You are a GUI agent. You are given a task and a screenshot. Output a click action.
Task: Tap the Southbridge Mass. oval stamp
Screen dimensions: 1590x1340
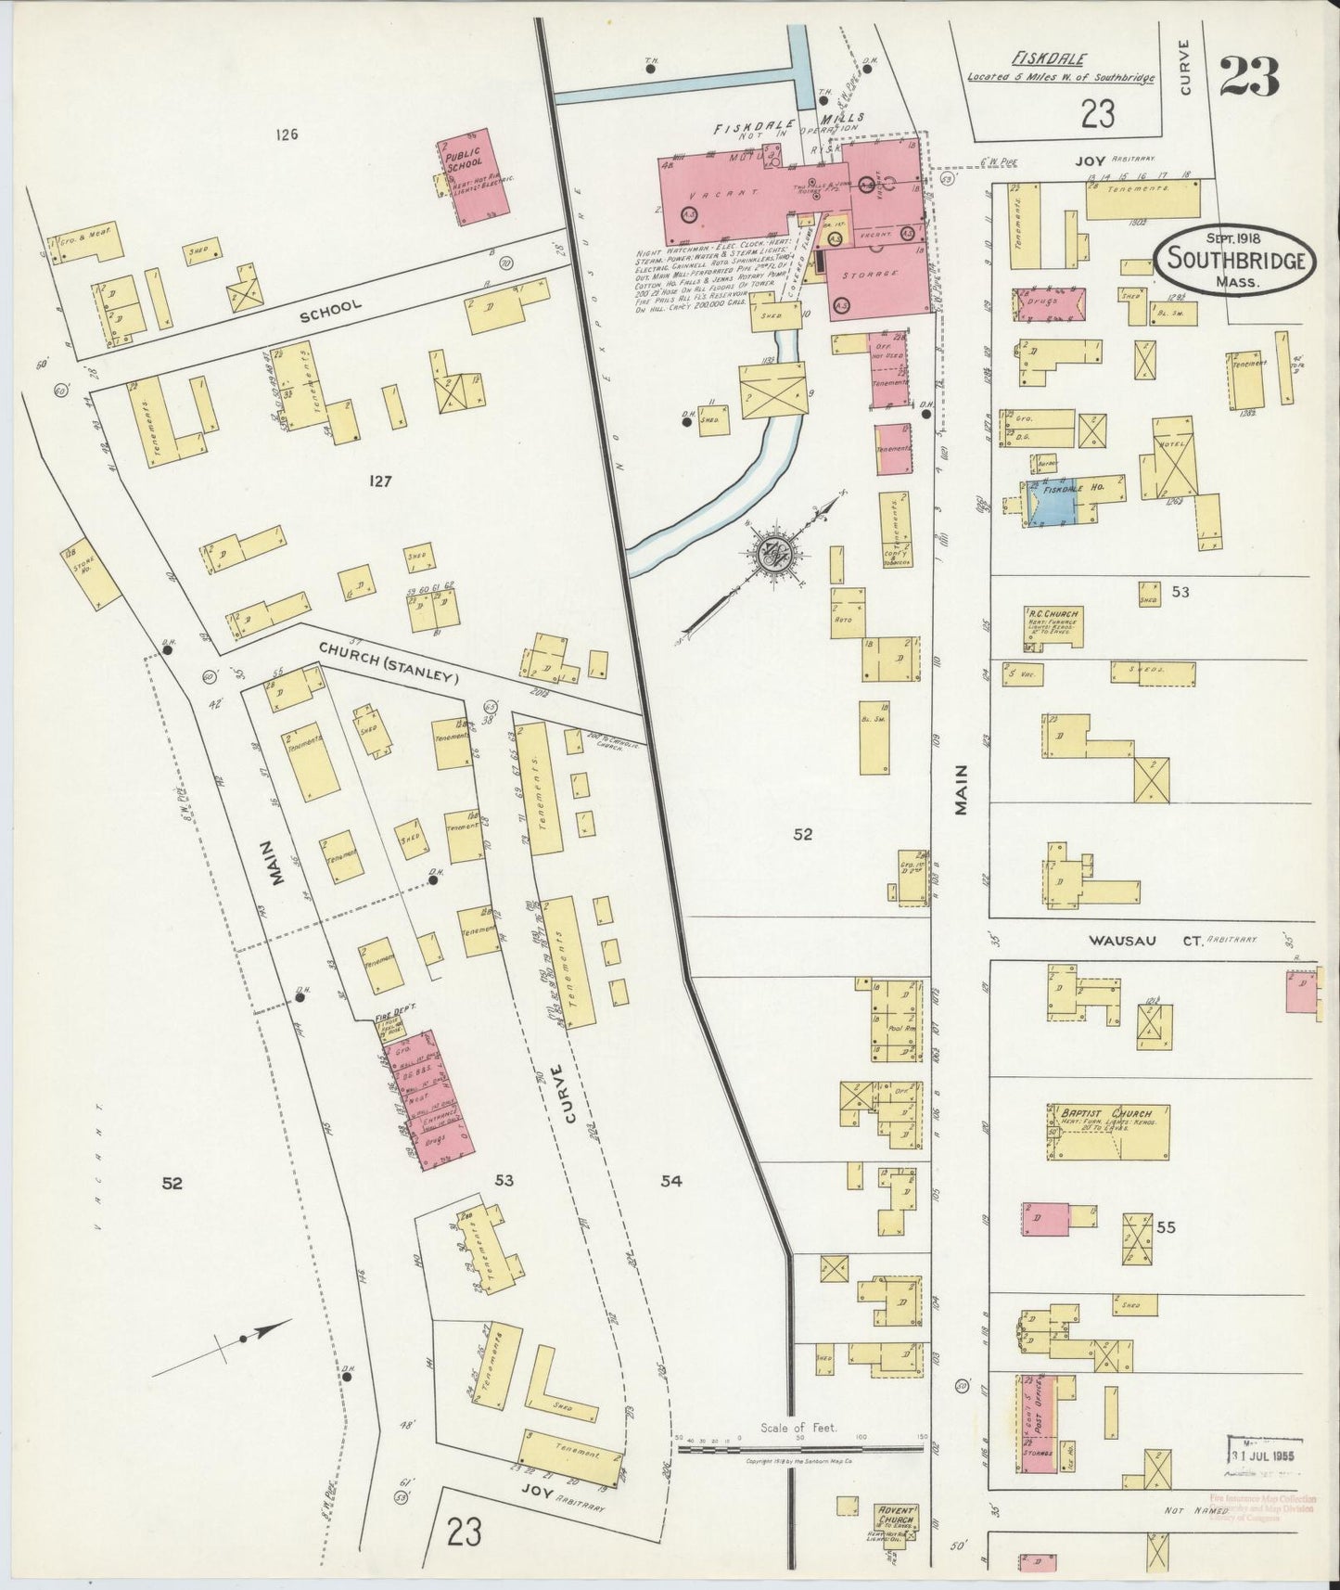click(x=1235, y=260)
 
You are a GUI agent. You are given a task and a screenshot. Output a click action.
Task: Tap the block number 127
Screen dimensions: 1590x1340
click(x=380, y=481)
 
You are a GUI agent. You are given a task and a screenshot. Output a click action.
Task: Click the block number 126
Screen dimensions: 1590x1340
click(x=287, y=135)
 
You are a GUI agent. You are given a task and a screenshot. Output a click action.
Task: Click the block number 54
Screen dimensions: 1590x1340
click(x=671, y=1181)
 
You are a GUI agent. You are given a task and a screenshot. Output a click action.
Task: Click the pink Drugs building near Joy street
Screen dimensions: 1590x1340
click(x=1051, y=304)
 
